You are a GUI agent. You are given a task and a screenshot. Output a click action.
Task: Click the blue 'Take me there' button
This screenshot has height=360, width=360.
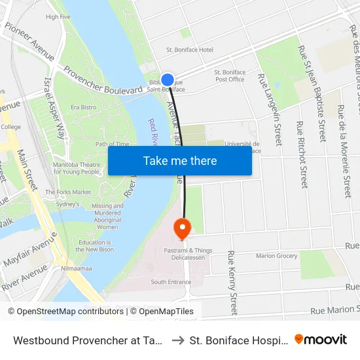click(180, 160)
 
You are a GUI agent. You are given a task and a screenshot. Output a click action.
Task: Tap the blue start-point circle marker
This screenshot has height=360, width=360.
click(168, 80)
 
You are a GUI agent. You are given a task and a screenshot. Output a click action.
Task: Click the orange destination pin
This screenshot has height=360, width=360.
click(181, 228)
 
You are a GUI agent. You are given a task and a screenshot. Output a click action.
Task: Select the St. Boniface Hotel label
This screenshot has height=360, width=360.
click(190, 50)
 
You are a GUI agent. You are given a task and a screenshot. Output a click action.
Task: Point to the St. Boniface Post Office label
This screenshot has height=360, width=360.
click(230, 76)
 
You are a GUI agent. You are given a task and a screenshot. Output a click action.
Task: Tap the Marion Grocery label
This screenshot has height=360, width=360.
click(276, 256)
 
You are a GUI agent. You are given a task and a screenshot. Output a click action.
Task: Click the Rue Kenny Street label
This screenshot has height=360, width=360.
click(232, 282)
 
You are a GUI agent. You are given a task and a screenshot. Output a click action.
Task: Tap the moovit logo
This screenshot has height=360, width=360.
click(321, 339)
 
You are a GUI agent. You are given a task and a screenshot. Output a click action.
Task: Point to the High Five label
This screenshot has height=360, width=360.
click(58, 17)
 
